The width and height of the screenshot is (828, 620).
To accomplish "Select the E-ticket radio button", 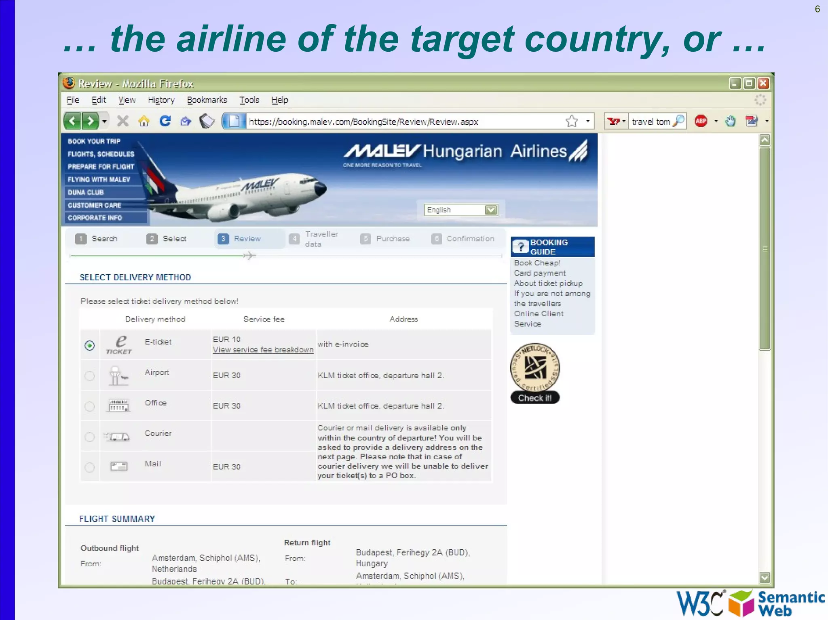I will click(x=89, y=345).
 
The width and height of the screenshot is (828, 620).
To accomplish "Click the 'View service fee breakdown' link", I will click(x=263, y=350).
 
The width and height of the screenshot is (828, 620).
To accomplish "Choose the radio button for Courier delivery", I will click(x=89, y=437).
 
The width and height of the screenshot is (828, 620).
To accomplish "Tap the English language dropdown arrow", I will click(x=491, y=210).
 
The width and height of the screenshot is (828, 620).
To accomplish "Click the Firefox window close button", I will click(x=763, y=83).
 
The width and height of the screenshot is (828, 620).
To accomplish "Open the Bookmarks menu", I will click(x=207, y=100).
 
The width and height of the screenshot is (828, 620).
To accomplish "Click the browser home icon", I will click(x=144, y=121).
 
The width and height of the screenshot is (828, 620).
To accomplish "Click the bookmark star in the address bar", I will click(x=572, y=121).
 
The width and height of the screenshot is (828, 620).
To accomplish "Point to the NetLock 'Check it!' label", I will click(x=535, y=398).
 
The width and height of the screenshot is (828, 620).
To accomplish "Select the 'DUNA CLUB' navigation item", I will click(x=86, y=192).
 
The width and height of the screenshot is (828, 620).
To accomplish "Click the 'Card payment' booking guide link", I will click(x=540, y=273).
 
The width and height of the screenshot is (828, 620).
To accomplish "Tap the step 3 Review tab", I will click(x=241, y=239).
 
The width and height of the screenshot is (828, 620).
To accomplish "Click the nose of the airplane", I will click(x=322, y=188).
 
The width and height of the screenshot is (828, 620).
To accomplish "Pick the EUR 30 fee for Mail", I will click(x=226, y=467).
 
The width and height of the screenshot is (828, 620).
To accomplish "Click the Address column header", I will click(x=403, y=319).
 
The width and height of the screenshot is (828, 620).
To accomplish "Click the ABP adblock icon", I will click(x=701, y=121).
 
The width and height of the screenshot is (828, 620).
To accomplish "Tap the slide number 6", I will click(x=817, y=9).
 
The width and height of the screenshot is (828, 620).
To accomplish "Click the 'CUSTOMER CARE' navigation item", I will click(x=94, y=205).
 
